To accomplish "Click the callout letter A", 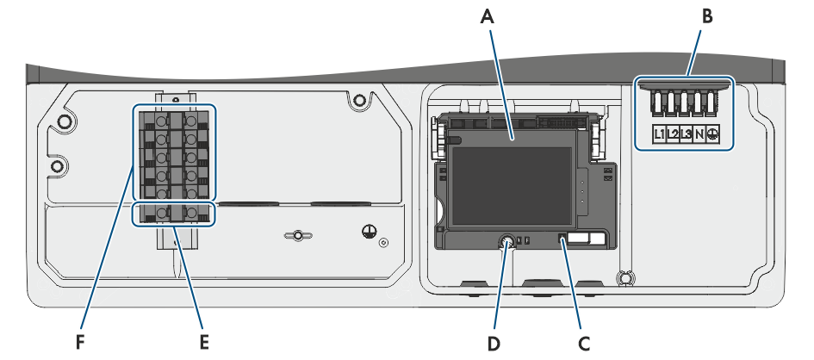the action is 487,17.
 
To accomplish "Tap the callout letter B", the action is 707,17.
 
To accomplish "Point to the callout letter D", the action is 494,343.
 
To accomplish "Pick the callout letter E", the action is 204,343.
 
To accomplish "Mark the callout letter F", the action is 79,343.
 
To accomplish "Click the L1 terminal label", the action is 659,133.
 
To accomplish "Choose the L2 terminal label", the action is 673,133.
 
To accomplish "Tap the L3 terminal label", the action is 687,133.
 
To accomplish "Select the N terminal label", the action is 699,133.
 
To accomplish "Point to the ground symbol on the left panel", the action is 369,232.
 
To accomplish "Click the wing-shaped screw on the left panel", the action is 297,236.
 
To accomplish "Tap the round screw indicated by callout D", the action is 506,241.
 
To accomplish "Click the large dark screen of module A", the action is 511,186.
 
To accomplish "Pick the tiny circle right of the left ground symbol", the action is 383,242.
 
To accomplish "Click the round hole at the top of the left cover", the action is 358,100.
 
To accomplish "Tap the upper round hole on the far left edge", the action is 65,121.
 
